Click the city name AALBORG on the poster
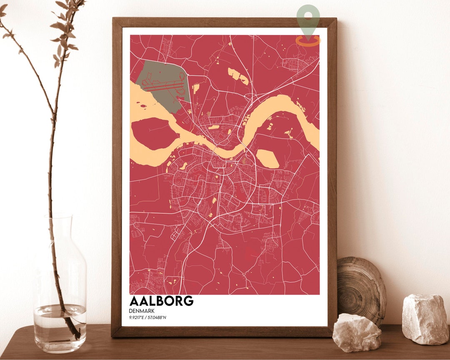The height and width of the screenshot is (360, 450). (161, 301)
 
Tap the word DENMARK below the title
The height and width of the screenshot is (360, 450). (142, 311)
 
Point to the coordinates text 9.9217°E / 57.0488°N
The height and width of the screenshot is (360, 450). (150, 318)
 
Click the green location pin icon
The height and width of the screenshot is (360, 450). (308, 19)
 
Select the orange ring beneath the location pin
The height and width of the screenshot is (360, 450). (308, 40)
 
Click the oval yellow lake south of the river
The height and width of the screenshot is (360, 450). (267, 159)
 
